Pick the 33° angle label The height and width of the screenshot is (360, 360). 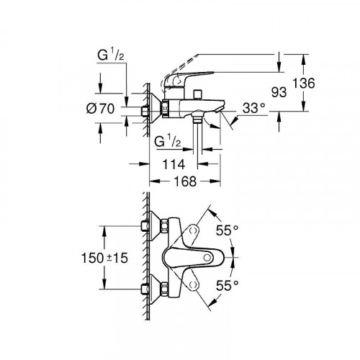coord(253,109)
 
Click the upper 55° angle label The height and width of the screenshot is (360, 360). coord(228,232)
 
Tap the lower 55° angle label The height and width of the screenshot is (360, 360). coord(228,286)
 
